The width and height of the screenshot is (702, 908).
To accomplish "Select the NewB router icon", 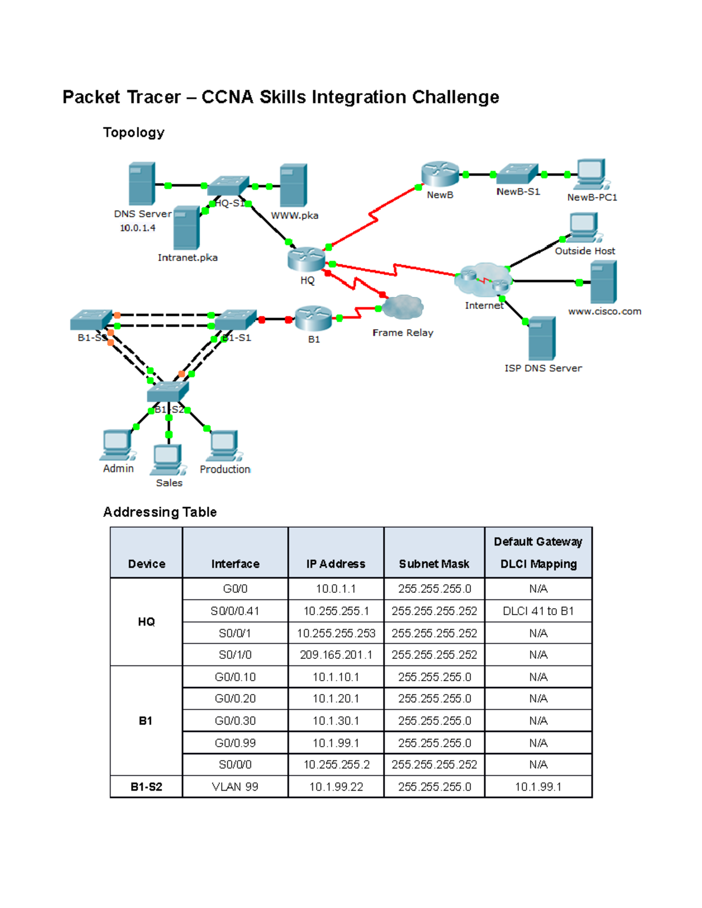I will [x=439, y=174].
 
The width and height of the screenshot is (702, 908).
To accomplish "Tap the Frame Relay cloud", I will [x=402, y=307].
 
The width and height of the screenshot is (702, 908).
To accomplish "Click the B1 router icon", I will [x=314, y=319].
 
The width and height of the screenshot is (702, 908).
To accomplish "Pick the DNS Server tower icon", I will [x=142, y=184].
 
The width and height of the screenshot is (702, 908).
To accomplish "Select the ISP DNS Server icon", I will [x=542, y=339].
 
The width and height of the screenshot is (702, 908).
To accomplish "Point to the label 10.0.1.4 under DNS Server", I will [x=137, y=228].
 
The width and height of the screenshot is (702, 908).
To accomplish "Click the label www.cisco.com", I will [x=604, y=312].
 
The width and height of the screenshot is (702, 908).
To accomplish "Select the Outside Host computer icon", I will [x=584, y=227].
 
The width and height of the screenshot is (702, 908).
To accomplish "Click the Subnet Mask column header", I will [x=434, y=564].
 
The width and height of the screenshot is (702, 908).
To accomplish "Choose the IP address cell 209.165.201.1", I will [x=336, y=655].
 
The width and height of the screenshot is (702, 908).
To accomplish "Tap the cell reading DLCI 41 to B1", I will [x=538, y=611].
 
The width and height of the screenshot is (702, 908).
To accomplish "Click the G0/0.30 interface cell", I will [x=235, y=721].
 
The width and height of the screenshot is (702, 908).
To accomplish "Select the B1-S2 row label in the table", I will [x=146, y=787].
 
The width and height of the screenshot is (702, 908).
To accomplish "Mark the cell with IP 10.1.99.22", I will [x=336, y=787].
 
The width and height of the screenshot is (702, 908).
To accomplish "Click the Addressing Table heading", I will [x=160, y=512].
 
